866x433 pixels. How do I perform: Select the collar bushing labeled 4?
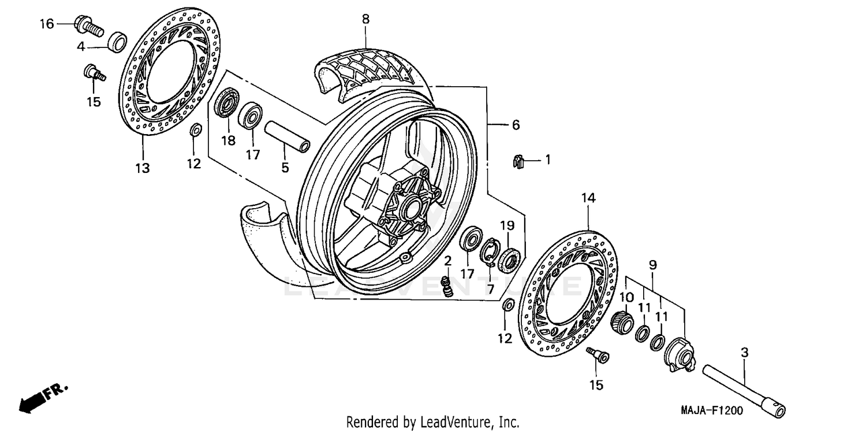(x=118, y=42)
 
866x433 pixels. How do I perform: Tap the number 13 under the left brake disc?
(x=142, y=168)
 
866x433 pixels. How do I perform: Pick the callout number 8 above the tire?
(x=365, y=19)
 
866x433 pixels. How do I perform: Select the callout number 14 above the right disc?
(x=588, y=198)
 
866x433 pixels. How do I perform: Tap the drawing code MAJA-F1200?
(x=711, y=410)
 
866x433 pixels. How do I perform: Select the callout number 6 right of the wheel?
(x=515, y=124)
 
